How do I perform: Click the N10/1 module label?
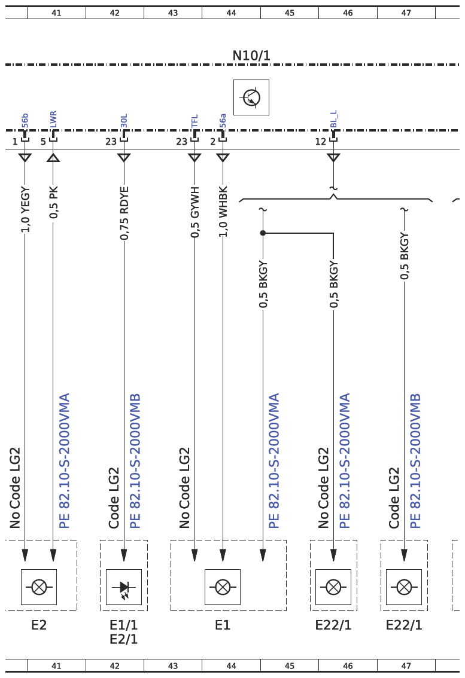click(251, 56)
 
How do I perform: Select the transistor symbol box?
click(251, 97)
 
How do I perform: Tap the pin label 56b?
click(25, 121)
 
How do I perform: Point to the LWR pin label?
click(53, 120)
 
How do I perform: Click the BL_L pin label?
click(333, 120)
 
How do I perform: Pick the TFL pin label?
click(194, 121)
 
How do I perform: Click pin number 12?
click(320, 142)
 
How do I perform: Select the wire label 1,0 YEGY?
click(25, 209)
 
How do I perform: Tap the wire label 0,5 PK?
click(53, 202)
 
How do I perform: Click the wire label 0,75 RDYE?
click(124, 213)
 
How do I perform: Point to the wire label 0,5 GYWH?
click(195, 212)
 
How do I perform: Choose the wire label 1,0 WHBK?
click(223, 212)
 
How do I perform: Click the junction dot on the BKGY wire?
click(263, 233)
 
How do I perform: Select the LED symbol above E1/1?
click(124, 587)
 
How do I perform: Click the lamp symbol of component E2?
click(39, 587)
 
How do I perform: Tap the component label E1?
click(223, 625)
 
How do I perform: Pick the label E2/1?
click(124, 639)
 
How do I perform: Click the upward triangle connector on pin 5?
click(53, 157)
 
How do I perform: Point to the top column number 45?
click(290, 13)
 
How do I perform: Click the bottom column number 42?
click(115, 666)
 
